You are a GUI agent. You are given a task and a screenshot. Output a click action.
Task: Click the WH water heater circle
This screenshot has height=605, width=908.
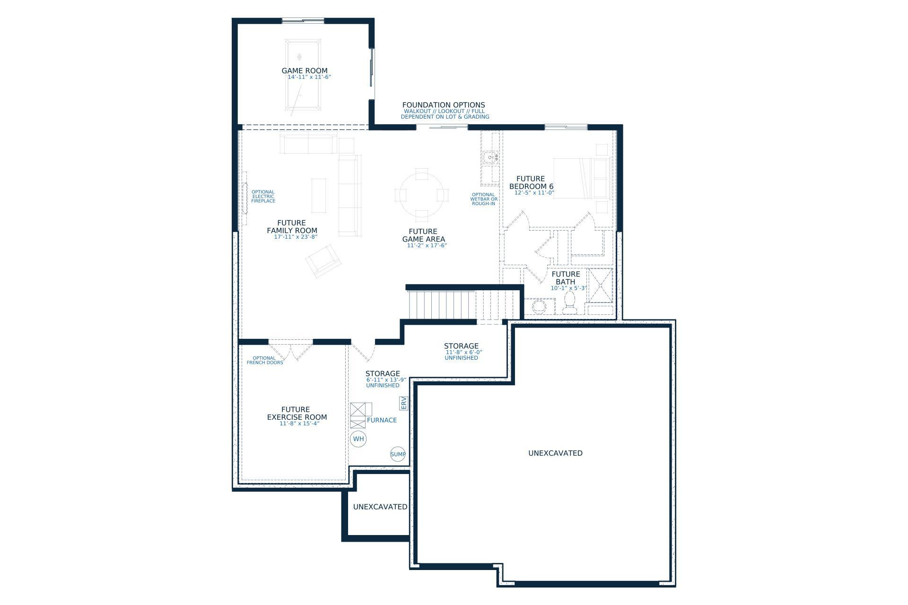[358, 439]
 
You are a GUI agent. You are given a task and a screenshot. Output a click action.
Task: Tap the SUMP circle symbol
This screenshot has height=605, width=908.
[398, 454]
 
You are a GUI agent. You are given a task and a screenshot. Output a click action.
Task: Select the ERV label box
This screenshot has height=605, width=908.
[403, 403]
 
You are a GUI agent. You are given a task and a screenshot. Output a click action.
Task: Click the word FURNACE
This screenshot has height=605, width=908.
[382, 420]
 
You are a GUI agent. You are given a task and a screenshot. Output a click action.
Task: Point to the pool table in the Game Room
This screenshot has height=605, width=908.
[303, 75]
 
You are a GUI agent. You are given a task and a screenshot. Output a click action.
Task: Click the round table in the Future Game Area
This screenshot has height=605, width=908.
[422, 195]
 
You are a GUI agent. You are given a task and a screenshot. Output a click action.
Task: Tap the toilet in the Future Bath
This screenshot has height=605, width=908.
[569, 303]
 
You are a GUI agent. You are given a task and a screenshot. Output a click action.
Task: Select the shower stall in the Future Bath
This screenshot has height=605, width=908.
[600, 285]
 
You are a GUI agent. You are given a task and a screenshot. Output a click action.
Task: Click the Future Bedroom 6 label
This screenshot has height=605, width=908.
[531, 182]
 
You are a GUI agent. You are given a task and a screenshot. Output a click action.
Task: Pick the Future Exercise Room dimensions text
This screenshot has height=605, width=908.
[299, 423]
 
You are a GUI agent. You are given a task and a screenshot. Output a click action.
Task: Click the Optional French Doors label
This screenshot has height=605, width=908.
[265, 361]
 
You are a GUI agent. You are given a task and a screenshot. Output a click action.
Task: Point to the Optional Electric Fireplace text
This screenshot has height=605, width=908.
[263, 197]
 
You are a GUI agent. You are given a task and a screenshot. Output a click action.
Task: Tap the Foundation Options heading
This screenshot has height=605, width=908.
[444, 105]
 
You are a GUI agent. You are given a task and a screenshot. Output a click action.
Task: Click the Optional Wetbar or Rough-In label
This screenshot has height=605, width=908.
[483, 199]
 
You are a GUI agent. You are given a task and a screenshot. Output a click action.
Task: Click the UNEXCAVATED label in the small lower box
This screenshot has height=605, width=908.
[380, 507]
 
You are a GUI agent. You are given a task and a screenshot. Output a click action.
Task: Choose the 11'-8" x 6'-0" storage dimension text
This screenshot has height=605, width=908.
[463, 352]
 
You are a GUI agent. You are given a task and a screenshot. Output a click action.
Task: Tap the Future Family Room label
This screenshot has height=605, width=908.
[292, 227]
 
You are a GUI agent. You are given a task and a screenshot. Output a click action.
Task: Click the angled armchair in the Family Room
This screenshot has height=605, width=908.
[323, 261]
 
